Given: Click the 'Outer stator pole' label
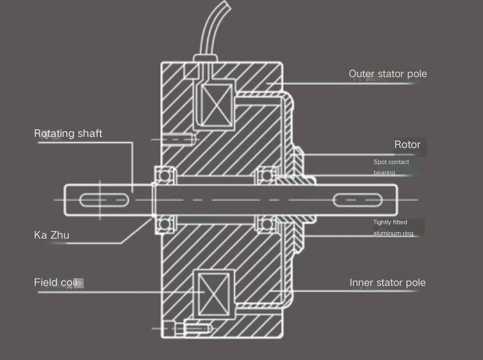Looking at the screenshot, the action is pos(388,74).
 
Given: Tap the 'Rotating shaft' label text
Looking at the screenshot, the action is pos(68,133).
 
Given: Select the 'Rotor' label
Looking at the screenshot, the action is pos(407,145).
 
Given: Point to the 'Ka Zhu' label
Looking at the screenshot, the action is pos(51,235).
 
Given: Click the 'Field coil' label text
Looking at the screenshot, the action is pos(55,282).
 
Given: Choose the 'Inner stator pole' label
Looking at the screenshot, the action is pos(388,283).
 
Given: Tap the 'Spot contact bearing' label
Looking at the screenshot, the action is pos(391,167).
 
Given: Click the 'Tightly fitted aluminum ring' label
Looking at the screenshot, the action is pos(393,228).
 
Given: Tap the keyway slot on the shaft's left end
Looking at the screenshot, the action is pos(104,200).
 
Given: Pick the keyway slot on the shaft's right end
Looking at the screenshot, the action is pos(358,200).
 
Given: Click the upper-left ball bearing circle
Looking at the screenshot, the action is pos(165,175).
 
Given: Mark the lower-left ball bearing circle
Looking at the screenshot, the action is pos(165,224).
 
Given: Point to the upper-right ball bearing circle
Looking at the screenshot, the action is pos(267,175).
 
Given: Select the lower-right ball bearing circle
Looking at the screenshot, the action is pos(267,224).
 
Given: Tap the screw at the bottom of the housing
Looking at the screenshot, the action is pos(198,328).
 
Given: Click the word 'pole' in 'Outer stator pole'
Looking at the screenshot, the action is pos(417,74).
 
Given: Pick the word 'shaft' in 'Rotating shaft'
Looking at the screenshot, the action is pos(90,133).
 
